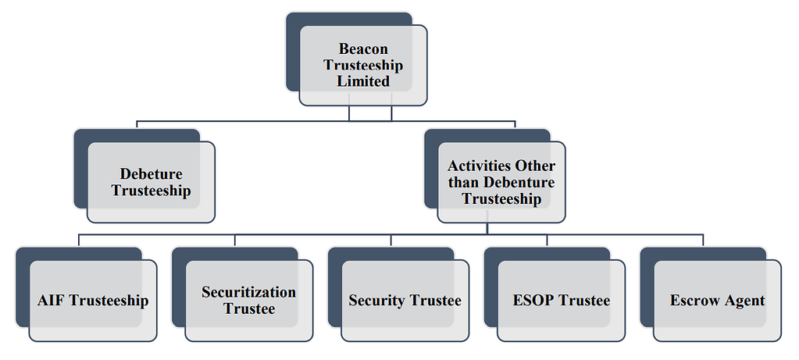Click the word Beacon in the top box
pos(363,49)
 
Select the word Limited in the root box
pos(363,81)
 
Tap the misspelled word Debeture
pos(151,173)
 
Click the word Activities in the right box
pos(480,166)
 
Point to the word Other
pos(535,166)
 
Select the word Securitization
pos(249,292)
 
